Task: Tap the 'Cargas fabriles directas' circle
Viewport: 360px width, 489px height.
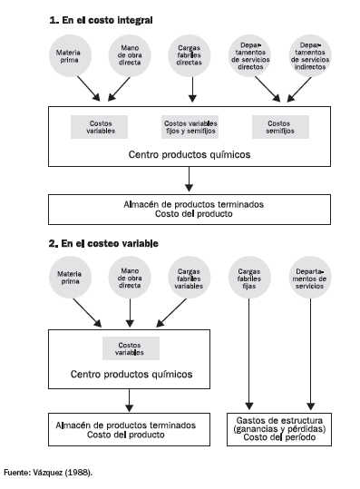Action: (190, 54)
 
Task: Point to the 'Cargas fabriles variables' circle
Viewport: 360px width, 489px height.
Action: (190, 279)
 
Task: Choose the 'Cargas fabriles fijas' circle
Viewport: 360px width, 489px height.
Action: (250, 279)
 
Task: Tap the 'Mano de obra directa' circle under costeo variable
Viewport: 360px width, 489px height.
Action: (130, 279)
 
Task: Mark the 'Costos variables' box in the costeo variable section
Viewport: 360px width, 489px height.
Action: (131, 348)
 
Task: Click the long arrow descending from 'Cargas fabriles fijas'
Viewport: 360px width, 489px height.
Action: (250, 354)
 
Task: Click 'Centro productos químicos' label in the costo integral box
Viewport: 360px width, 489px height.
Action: (190, 154)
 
